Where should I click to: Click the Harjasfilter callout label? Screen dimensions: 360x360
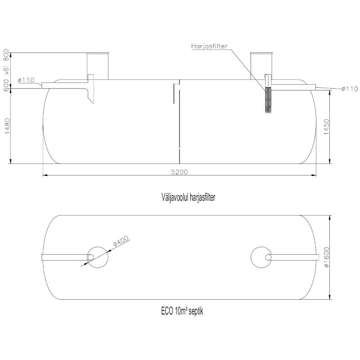pyautogui.click(x=209, y=46)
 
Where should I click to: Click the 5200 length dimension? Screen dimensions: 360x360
pyautogui.click(x=179, y=172)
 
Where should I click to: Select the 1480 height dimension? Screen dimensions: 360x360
pyautogui.click(x=8, y=126)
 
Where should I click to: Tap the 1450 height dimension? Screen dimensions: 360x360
pyautogui.click(x=327, y=127)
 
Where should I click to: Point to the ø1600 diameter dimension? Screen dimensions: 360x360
pyautogui.click(x=327, y=257)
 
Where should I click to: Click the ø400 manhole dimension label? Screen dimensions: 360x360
pyautogui.click(x=121, y=241)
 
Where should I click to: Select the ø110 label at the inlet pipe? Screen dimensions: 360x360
pyautogui.click(x=26, y=80)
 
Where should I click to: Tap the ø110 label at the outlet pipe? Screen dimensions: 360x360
pyautogui.click(x=350, y=89)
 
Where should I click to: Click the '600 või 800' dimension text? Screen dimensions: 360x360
pyautogui.click(x=6, y=70)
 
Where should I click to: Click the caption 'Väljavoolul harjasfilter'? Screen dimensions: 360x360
pyautogui.click(x=188, y=197)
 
